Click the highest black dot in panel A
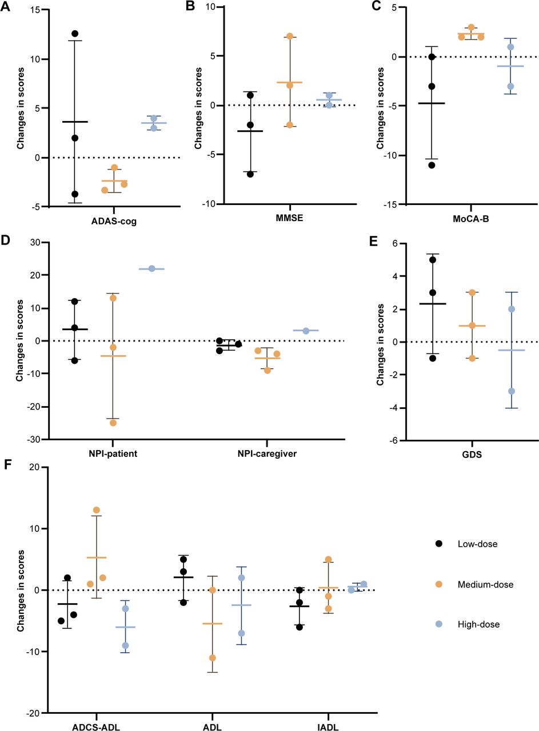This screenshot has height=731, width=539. pyautogui.click(x=75, y=34)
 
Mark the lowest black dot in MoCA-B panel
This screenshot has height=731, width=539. pyautogui.click(x=432, y=165)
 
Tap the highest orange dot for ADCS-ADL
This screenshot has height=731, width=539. pyautogui.click(x=96, y=510)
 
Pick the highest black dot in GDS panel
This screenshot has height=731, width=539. pyautogui.click(x=433, y=260)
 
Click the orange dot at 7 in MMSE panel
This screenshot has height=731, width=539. pyautogui.click(x=289, y=36)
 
